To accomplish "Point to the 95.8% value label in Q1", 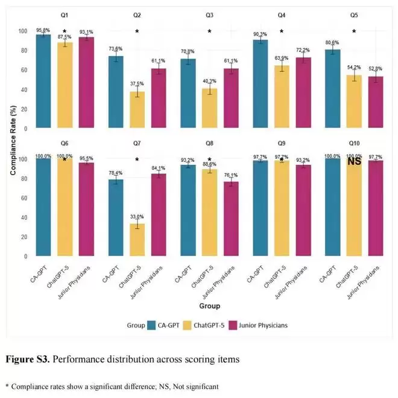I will (x=42, y=30).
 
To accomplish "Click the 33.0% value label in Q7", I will (x=137, y=216).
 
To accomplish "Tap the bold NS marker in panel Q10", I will (x=355, y=162).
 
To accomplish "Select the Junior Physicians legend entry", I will (x=259, y=325).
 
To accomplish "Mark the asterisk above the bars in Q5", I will (x=354, y=31).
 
